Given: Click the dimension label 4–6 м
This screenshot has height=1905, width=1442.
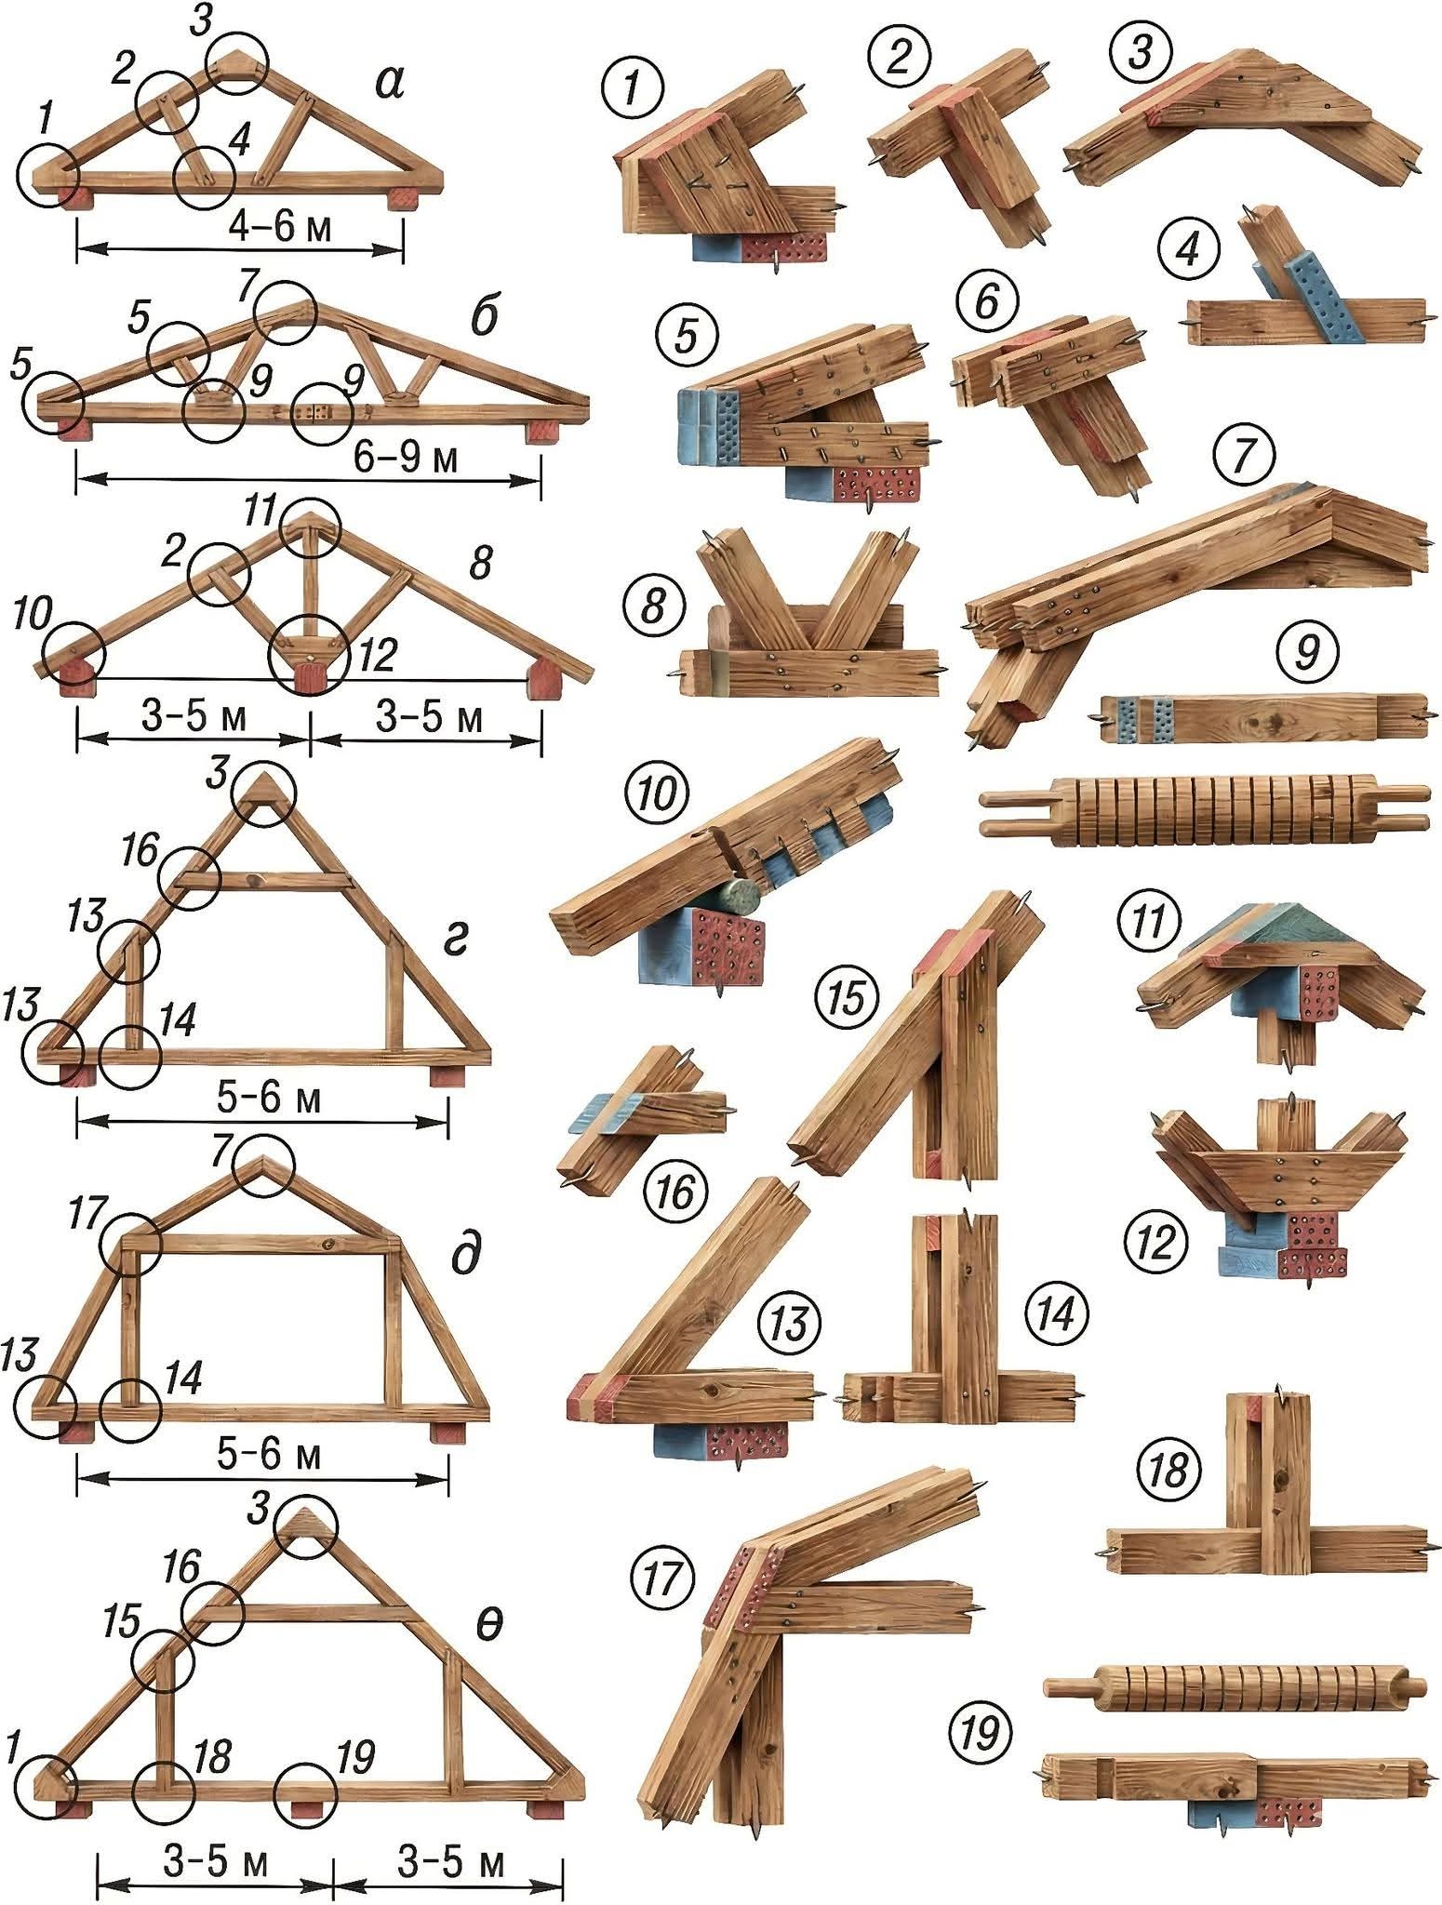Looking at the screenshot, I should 279,227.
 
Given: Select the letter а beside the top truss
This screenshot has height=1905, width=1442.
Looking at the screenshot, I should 389,82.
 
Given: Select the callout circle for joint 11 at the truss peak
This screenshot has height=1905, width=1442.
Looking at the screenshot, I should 311,528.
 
